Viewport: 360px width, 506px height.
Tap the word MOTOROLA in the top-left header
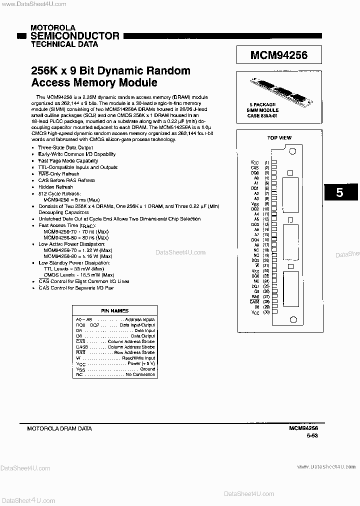[x=53, y=28]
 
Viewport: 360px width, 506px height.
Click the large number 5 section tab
[x=340, y=192]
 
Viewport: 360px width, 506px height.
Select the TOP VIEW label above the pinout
[x=279, y=137]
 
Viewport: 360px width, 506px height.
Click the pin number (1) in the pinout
[x=266, y=162]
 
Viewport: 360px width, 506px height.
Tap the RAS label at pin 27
[x=255, y=296]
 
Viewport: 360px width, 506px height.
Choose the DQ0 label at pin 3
[x=255, y=172]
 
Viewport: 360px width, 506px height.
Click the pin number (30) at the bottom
[x=266, y=312]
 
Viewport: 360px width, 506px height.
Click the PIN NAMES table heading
[x=115, y=311]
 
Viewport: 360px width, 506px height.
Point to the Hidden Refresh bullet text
[x=55, y=187]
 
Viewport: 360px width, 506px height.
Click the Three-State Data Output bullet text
[x=65, y=148]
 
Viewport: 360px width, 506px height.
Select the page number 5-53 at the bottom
[x=312, y=436]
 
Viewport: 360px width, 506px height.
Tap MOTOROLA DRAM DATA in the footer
[x=59, y=428]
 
